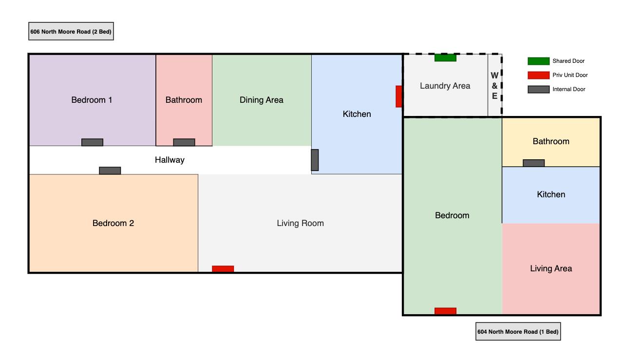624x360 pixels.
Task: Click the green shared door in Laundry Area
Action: [445, 57]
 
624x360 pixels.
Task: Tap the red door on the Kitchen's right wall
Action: [398, 96]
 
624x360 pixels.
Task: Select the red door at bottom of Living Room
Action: [223, 269]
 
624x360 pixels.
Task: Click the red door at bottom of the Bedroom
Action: [445, 311]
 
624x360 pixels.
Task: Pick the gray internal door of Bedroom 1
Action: [92, 142]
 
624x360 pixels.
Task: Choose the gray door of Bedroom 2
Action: [110, 171]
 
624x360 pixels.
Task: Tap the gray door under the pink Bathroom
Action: [184, 142]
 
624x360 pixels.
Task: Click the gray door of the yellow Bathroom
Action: [533, 163]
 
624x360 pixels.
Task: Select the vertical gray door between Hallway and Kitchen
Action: [315, 160]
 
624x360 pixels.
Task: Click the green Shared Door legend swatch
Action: [538, 61]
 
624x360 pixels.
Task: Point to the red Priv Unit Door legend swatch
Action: [538, 75]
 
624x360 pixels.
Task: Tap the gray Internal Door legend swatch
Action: [538, 89]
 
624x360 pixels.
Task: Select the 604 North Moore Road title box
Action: [518, 331]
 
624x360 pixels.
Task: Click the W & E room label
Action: [494, 86]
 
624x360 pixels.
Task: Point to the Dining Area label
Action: [261, 100]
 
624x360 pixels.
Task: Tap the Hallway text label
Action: [170, 160]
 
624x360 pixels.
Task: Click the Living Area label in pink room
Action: [551, 268]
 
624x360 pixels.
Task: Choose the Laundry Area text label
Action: [445, 86]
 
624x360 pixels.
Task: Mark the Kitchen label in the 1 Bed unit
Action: [551, 194]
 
